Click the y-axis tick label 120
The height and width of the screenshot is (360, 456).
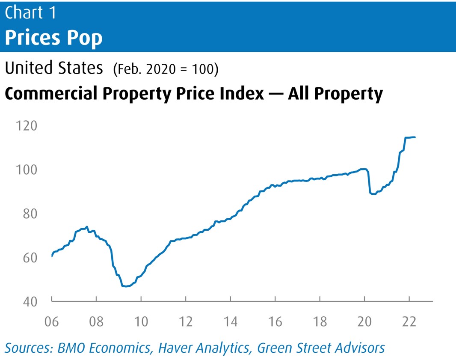point(26,126)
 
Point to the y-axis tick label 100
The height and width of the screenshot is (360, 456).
point(26,170)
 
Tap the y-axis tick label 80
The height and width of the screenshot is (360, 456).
point(27,214)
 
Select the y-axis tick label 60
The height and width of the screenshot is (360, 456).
point(27,258)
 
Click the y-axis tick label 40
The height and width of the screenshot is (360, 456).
point(27,301)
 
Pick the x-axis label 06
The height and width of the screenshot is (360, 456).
point(52,321)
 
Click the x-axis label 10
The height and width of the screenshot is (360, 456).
point(141,321)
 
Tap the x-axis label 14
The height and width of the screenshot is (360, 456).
point(231,321)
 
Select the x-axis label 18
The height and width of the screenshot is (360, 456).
point(320,321)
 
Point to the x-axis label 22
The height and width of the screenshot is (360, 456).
point(409,321)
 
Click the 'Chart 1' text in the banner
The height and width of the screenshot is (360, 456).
point(31,13)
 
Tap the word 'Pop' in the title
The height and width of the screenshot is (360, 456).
point(85,38)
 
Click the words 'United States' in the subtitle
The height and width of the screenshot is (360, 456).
point(54,68)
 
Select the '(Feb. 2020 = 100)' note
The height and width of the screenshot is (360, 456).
point(166,69)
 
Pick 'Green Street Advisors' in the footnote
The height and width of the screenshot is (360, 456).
point(321,348)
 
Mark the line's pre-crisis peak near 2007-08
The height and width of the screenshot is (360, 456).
point(87,227)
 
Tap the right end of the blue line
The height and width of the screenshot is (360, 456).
point(415,137)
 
